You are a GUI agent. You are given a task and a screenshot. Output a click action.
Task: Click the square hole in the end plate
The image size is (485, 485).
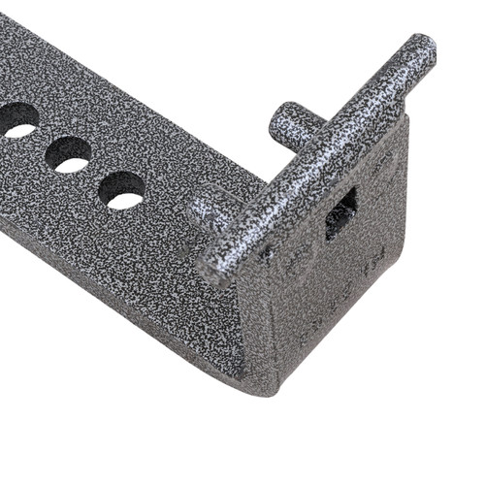click(x=340, y=214)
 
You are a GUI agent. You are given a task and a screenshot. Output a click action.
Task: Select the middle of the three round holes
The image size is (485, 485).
click(x=68, y=154)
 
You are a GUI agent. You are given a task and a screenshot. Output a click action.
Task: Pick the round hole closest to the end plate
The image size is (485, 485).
click(x=122, y=189)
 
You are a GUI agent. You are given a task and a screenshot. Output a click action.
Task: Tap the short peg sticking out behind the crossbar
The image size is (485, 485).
click(x=291, y=126)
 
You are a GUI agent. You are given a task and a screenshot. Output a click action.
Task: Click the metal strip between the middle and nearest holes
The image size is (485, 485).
click(x=95, y=170)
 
